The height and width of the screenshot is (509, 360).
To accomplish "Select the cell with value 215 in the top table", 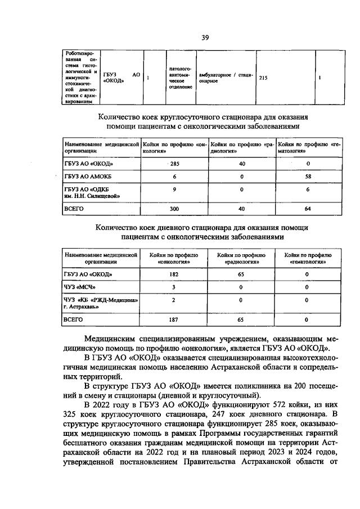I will tap(263, 78).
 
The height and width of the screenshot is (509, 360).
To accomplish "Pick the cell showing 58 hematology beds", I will tap(308, 177).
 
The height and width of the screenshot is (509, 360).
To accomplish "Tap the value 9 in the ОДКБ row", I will tap(174, 189).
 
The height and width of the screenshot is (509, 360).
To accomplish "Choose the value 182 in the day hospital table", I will tap(174, 274).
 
